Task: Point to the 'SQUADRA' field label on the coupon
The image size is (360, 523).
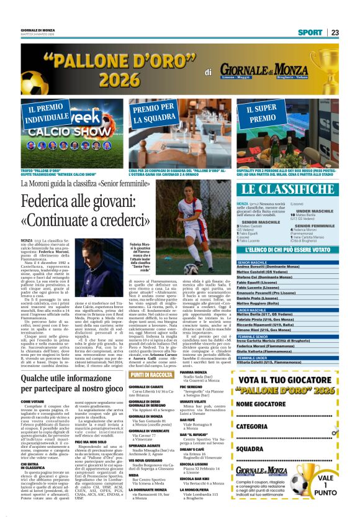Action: pos(250,448)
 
